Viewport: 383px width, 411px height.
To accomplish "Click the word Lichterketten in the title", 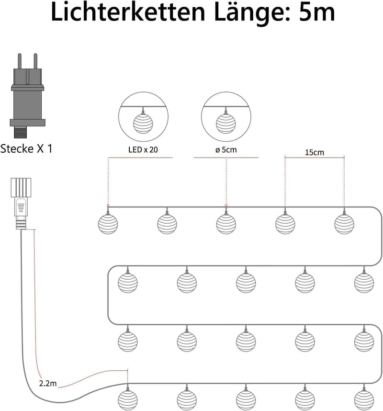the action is [128, 12].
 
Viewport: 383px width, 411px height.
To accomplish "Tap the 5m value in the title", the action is [317, 12].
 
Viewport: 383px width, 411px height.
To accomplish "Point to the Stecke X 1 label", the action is [26, 148].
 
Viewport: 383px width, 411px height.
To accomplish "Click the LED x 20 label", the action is [143, 149].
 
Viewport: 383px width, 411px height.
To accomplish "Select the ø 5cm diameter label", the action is [226, 149].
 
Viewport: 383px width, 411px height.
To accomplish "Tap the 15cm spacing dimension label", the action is [315, 152].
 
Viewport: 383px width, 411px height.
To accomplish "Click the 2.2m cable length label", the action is [48, 384].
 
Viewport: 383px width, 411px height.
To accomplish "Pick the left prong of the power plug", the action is [19, 61].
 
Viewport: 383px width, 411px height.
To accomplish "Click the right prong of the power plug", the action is [35, 61].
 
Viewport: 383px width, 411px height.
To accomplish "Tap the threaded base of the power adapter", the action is [20, 132].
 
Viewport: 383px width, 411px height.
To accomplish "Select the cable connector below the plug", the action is [21, 204].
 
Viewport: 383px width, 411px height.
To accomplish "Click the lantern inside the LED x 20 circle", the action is [143, 123].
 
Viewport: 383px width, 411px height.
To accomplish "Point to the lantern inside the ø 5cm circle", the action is [226, 123].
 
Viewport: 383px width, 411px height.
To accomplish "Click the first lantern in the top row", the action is [108, 224].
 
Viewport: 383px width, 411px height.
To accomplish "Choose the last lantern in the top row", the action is [344, 224].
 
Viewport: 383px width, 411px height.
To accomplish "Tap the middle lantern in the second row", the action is [246, 283].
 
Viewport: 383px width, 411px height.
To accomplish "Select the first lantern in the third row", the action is [127, 341].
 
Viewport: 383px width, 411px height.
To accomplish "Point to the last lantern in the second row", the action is [364, 283].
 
